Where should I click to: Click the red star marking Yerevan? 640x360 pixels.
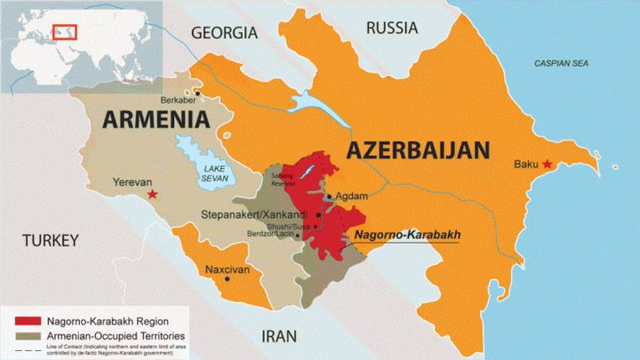coord(153,194)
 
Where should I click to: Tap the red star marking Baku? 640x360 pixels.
coord(548,164)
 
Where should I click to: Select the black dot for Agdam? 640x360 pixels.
coord(329,197)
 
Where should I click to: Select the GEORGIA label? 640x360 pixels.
coord(224,33)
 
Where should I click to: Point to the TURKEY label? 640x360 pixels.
coord(51,241)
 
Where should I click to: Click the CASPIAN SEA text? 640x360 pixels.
coord(561,64)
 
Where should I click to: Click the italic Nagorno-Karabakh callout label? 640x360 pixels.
coord(407,236)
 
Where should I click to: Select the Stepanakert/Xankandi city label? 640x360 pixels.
coord(257,214)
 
